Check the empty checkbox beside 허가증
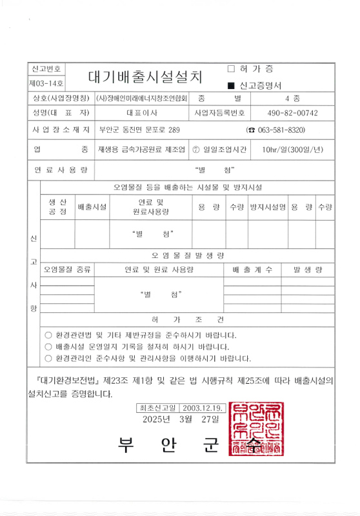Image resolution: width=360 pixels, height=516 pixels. pyautogui.click(x=231, y=68)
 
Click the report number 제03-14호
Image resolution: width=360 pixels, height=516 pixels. pyautogui.click(x=46, y=84)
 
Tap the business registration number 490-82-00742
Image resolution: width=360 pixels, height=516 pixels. pyautogui.click(x=292, y=113)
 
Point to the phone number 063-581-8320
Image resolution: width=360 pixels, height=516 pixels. pyautogui.click(x=280, y=130)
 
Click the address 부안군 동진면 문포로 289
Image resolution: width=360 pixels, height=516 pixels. pyautogui.click(x=139, y=130)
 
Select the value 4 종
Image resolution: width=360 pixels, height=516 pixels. pyautogui.click(x=292, y=99)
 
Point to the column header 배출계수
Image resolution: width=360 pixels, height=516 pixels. pyautogui.click(x=252, y=268)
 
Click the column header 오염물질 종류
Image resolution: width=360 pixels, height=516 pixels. pyautogui.click(x=66, y=268)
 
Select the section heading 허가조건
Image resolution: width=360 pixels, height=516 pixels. pyautogui.click(x=188, y=320)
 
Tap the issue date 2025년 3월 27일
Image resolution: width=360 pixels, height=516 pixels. pyautogui.click(x=188, y=419)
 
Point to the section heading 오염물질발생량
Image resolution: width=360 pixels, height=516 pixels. pyautogui.click(x=188, y=254)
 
